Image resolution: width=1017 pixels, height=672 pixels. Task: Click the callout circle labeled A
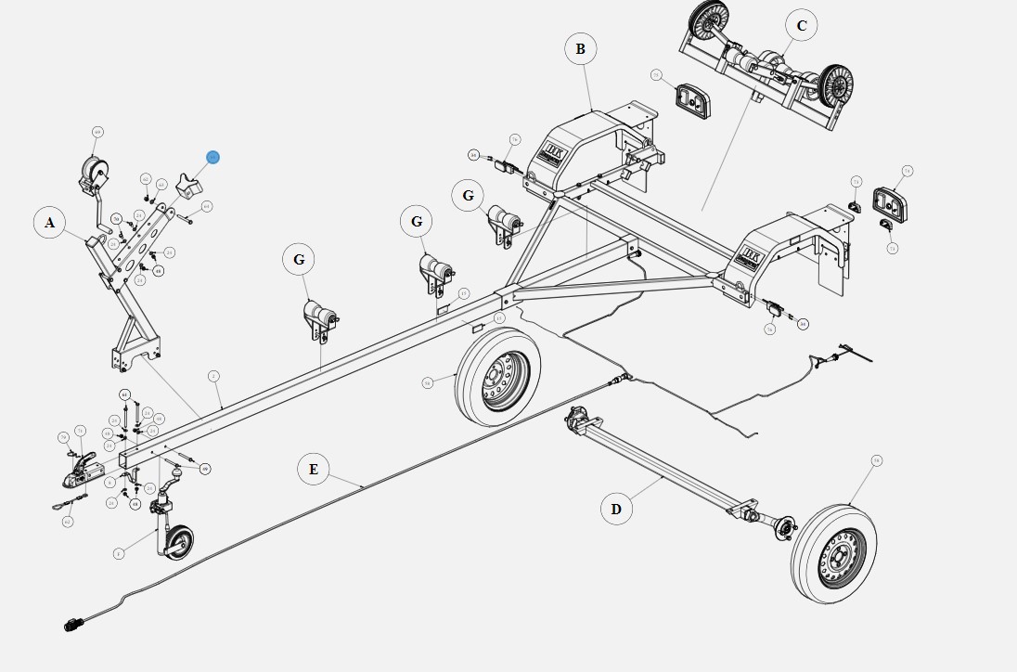(x=50, y=223)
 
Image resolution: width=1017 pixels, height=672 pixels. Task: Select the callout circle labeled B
(x=581, y=49)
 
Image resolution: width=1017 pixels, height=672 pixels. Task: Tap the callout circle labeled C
(x=802, y=26)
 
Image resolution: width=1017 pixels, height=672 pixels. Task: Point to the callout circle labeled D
(x=616, y=509)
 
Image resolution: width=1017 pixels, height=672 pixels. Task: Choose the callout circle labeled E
(x=314, y=470)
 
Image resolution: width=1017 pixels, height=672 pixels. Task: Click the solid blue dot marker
(x=213, y=158)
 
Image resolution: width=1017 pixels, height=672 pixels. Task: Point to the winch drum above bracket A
(x=95, y=172)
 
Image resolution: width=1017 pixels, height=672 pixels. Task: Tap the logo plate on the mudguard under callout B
(x=556, y=152)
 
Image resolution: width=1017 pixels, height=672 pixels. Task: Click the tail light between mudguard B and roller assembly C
(x=692, y=99)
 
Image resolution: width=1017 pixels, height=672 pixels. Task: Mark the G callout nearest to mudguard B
(x=468, y=196)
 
